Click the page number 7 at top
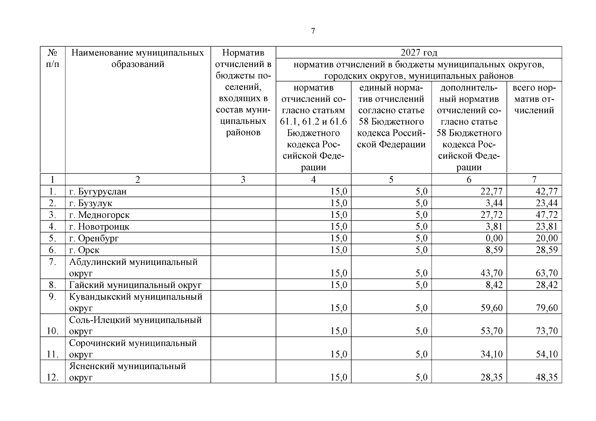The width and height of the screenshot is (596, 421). coord(313,31)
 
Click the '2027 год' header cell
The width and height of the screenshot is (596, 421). coord(419,53)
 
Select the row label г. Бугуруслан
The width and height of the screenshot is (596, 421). coord(98,192)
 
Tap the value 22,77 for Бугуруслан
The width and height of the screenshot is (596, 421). coord(491,192)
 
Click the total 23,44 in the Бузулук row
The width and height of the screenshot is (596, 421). coord(546,203)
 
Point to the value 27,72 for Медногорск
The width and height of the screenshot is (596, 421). coord(491,215)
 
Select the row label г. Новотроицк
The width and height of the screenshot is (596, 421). coord(99,227)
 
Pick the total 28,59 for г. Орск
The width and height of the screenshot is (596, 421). coord(546,250)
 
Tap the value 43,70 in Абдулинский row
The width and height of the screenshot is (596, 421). coord(491,273)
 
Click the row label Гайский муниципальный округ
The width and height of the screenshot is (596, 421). coord(135,285)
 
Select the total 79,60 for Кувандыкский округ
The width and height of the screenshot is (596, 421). coord(546,308)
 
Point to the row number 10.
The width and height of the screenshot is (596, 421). coord(52,331)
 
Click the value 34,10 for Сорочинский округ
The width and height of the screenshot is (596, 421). coord(491,354)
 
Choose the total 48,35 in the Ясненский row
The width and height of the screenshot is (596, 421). coord(546,377)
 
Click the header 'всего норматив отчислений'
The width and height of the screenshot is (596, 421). coord(534,99)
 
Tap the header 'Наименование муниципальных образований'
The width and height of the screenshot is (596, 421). coord(138,59)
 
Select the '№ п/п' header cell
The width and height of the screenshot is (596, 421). coord(52,59)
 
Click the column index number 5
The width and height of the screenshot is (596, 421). coord(391,180)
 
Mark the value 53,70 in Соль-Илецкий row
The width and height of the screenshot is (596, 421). coord(491,331)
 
